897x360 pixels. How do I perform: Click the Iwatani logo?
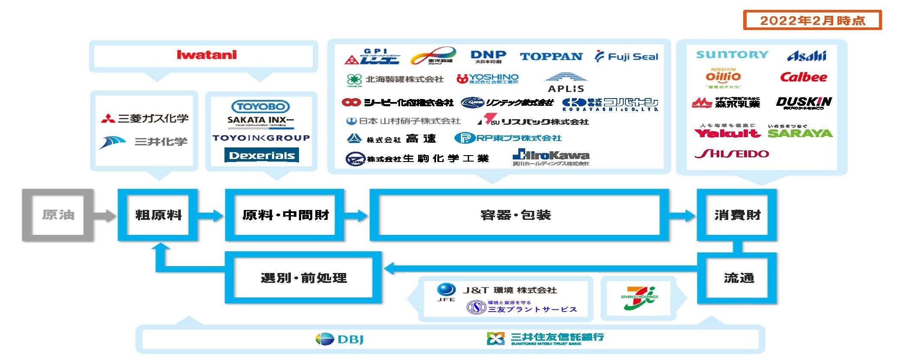206,55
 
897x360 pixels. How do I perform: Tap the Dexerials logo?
262,155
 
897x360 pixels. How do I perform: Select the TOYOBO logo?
260,106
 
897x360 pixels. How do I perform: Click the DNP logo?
488,57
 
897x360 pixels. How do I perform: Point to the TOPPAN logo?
551,57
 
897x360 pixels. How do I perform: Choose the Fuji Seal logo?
627,57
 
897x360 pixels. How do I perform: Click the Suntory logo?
732,55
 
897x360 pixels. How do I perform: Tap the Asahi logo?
807,56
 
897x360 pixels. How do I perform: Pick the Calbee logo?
803,78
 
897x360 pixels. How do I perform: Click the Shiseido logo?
732,154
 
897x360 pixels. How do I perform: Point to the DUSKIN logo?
804,102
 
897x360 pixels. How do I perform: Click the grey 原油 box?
58,215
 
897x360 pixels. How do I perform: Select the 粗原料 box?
158,215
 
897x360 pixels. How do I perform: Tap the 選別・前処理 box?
303,278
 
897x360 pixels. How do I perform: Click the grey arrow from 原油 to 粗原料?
105,215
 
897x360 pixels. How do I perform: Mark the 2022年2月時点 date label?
812,21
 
